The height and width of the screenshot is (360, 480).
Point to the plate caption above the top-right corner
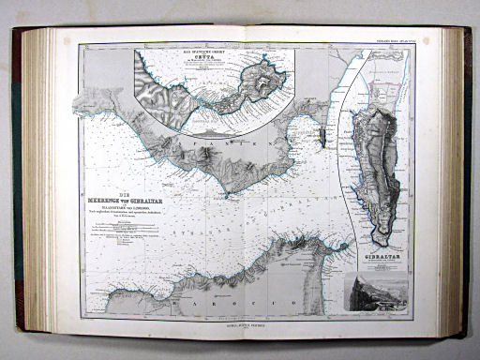[x=391, y=39]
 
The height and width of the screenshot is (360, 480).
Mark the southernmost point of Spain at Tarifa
[x=225, y=194]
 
